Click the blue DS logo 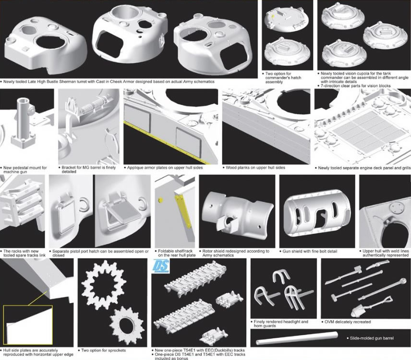point(161,265)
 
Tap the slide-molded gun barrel point(297,338)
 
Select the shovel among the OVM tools point(372,307)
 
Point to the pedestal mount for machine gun point(23,124)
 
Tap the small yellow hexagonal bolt point(161,200)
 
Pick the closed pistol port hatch point(65,214)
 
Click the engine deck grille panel point(366,133)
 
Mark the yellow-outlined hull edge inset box point(28,325)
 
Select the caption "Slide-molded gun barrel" point(372,338)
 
